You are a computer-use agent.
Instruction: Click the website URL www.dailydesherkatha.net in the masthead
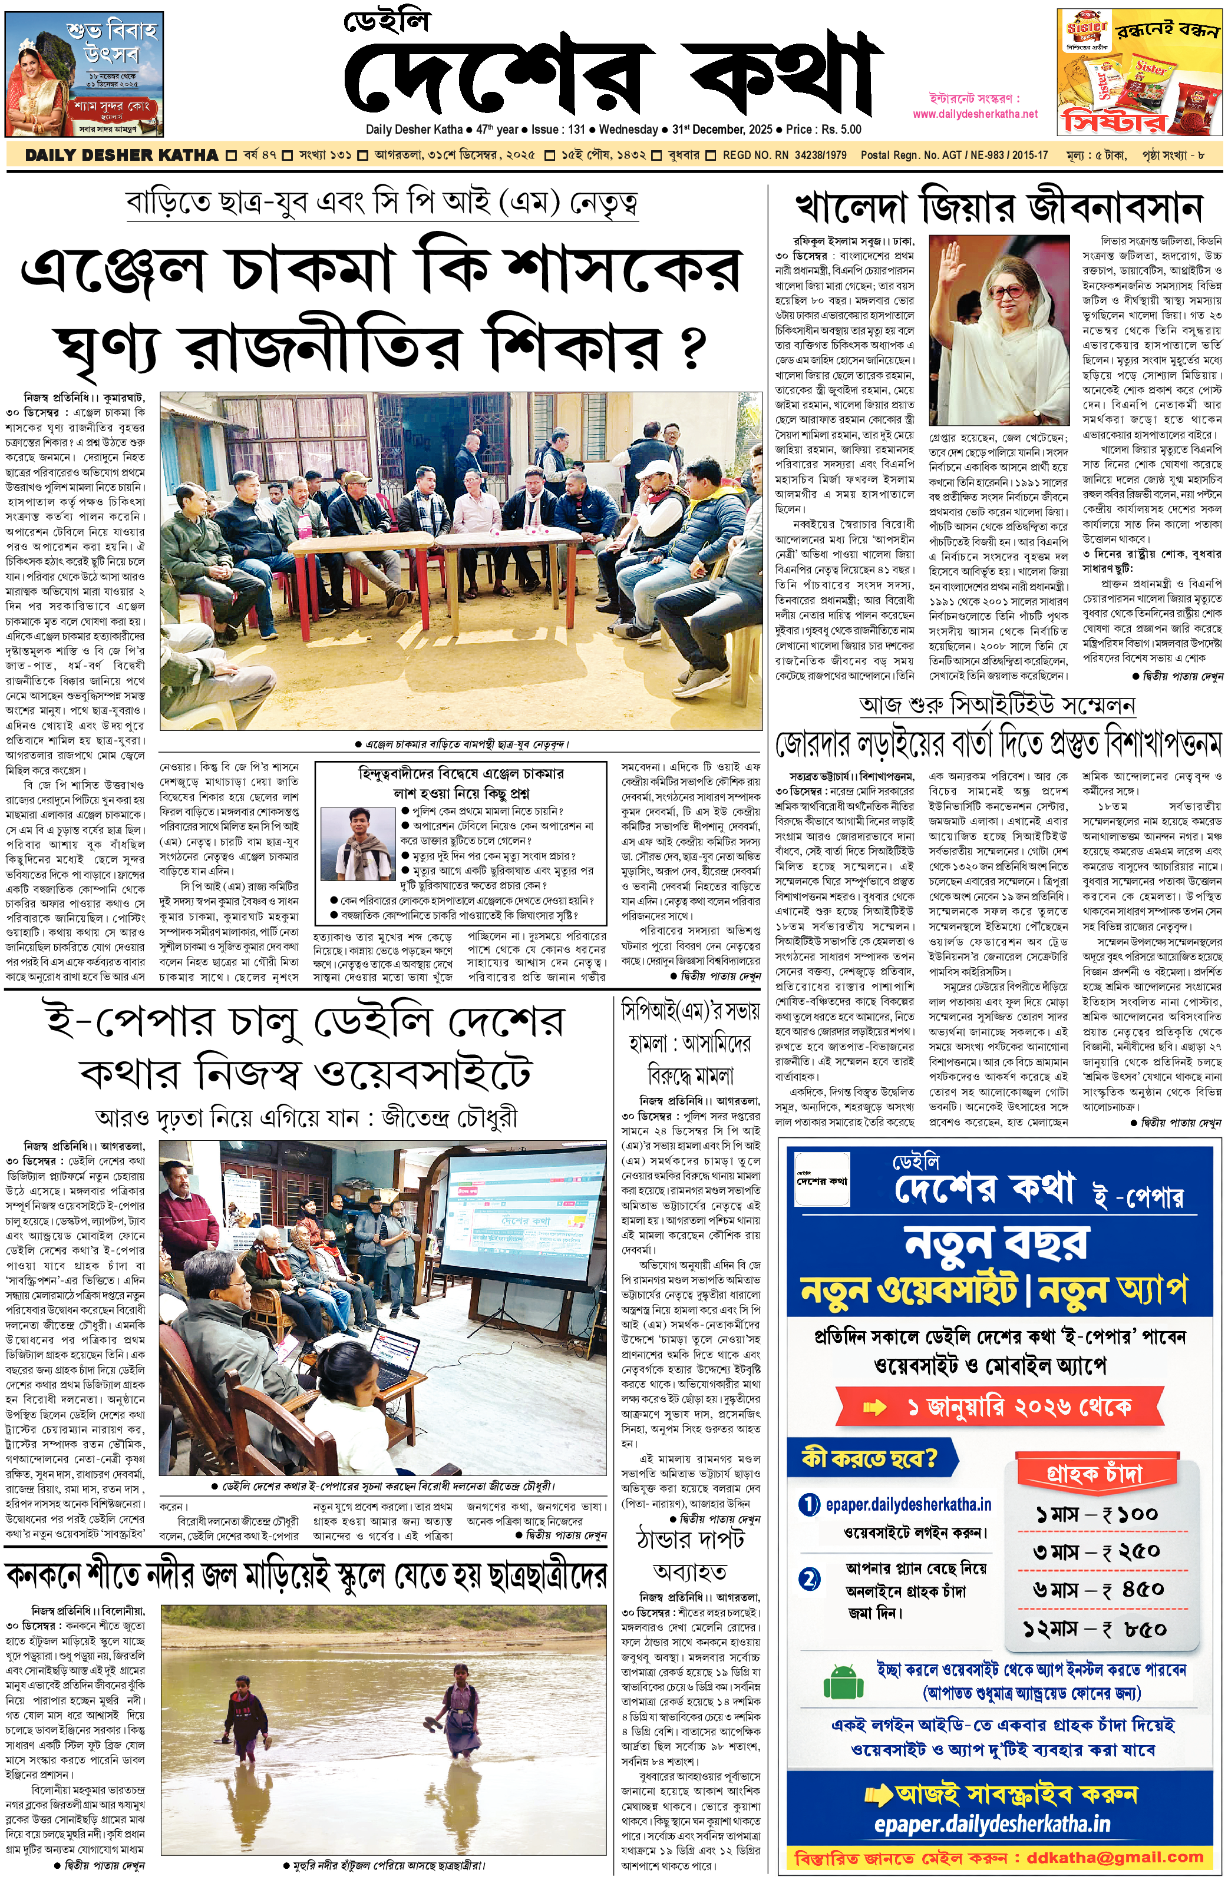tap(975, 114)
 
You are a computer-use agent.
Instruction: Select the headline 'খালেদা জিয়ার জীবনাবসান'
tap(998, 208)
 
